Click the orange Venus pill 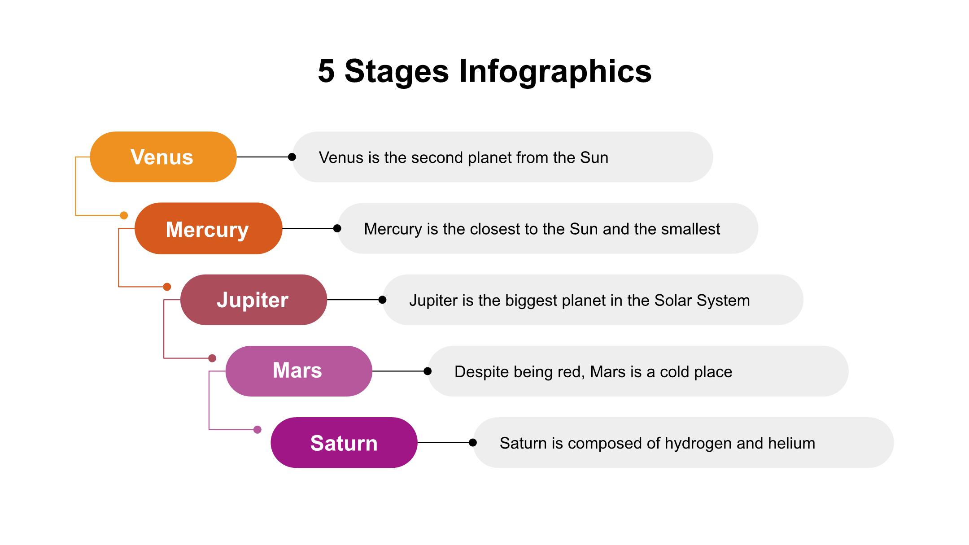pyautogui.click(x=163, y=157)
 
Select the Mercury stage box pyautogui.click(x=209, y=228)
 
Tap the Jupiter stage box pyautogui.click(x=254, y=300)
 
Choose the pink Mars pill pyautogui.click(x=299, y=371)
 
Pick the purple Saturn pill pyautogui.click(x=344, y=442)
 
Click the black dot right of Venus pyautogui.click(x=292, y=157)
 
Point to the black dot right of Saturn pyautogui.click(x=473, y=442)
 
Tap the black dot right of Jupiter pyautogui.click(x=382, y=300)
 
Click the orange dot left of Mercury pyautogui.click(x=124, y=215)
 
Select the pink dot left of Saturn pyautogui.click(x=258, y=430)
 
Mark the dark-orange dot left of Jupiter pyautogui.click(x=167, y=287)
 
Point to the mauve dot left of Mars pyautogui.click(x=213, y=358)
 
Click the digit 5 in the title pyautogui.click(x=326, y=71)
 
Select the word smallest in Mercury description pyautogui.click(x=691, y=229)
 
